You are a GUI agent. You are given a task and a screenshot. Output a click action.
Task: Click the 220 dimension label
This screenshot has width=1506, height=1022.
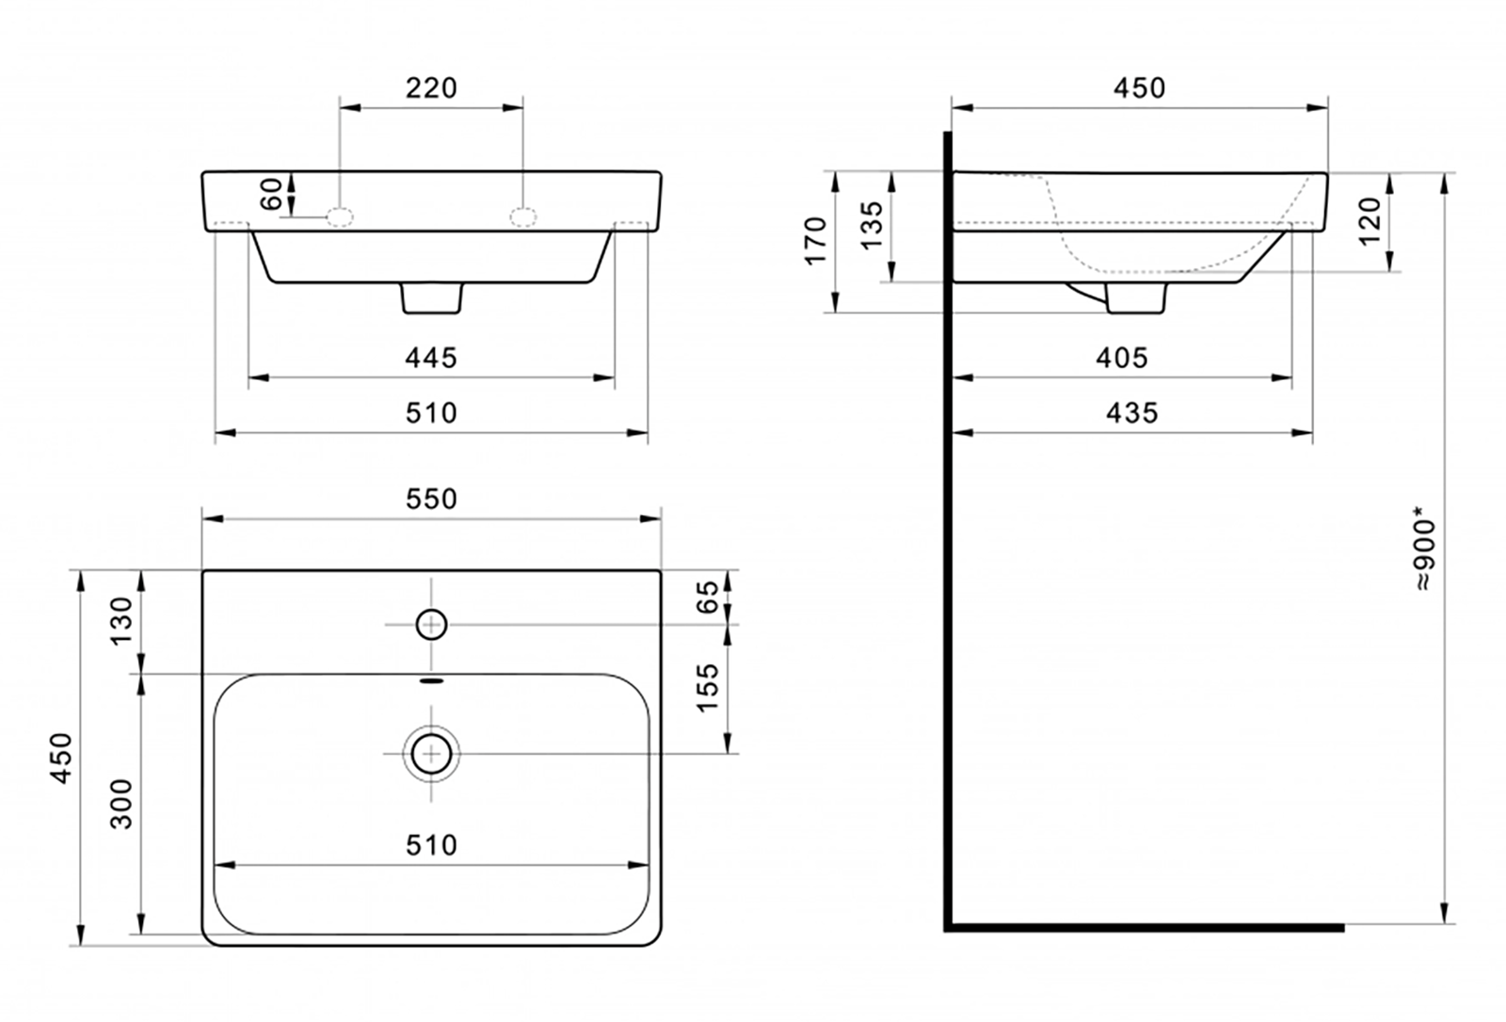tap(431, 88)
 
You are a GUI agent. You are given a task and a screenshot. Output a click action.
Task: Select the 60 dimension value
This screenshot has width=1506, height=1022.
tap(271, 194)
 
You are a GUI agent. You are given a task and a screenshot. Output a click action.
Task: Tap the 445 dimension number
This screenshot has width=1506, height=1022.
tap(431, 359)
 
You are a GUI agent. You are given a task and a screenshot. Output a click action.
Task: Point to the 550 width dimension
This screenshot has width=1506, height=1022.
tap(431, 499)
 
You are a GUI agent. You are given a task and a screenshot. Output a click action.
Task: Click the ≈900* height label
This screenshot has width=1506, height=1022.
tap(1424, 555)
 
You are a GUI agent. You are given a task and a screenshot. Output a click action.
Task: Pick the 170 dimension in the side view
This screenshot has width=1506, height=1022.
tap(815, 241)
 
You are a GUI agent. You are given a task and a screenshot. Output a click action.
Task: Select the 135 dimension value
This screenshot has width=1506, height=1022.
tap(872, 226)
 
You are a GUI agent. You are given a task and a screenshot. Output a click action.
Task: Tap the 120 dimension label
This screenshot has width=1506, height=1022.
tap(1370, 222)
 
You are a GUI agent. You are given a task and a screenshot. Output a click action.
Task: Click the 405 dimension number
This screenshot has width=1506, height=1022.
tap(1122, 359)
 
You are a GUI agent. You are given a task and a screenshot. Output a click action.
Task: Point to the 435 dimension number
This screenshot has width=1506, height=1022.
tap(1132, 413)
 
